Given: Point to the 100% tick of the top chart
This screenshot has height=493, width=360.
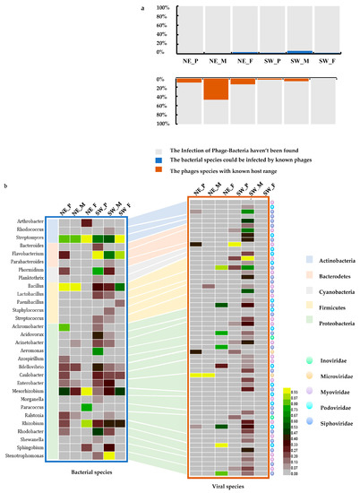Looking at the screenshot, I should click(163, 9).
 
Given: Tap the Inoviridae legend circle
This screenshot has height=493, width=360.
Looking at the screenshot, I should click(305, 313).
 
